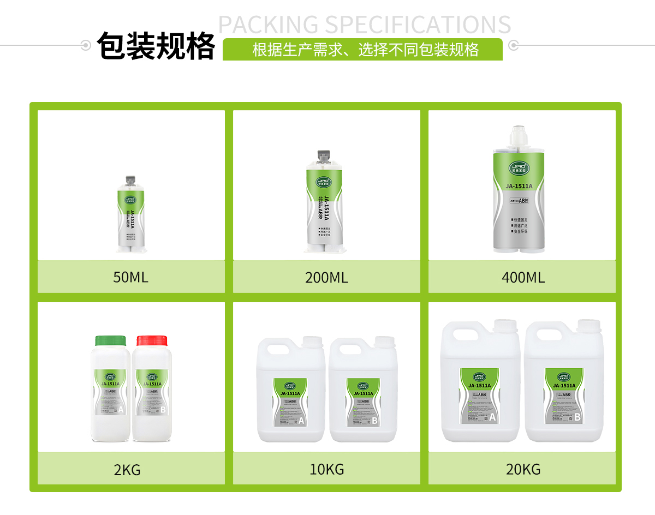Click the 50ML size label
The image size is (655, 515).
click(130, 277)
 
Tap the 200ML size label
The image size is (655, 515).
click(326, 278)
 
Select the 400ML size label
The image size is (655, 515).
click(523, 278)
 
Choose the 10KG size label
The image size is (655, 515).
click(327, 469)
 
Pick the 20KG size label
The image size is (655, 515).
click(523, 469)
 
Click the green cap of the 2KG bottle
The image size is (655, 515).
click(110, 340)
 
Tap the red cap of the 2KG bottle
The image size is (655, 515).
click(151, 340)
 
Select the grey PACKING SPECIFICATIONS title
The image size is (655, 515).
click(365, 25)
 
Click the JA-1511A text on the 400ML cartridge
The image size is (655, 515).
click(519, 187)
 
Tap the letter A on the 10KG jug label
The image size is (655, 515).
click(301, 421)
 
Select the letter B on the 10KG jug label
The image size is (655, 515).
click(374, 421)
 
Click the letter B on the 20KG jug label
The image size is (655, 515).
click(577, 417)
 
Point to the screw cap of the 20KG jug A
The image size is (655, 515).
click(505, 326)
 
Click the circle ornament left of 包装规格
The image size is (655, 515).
click(86, 45)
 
